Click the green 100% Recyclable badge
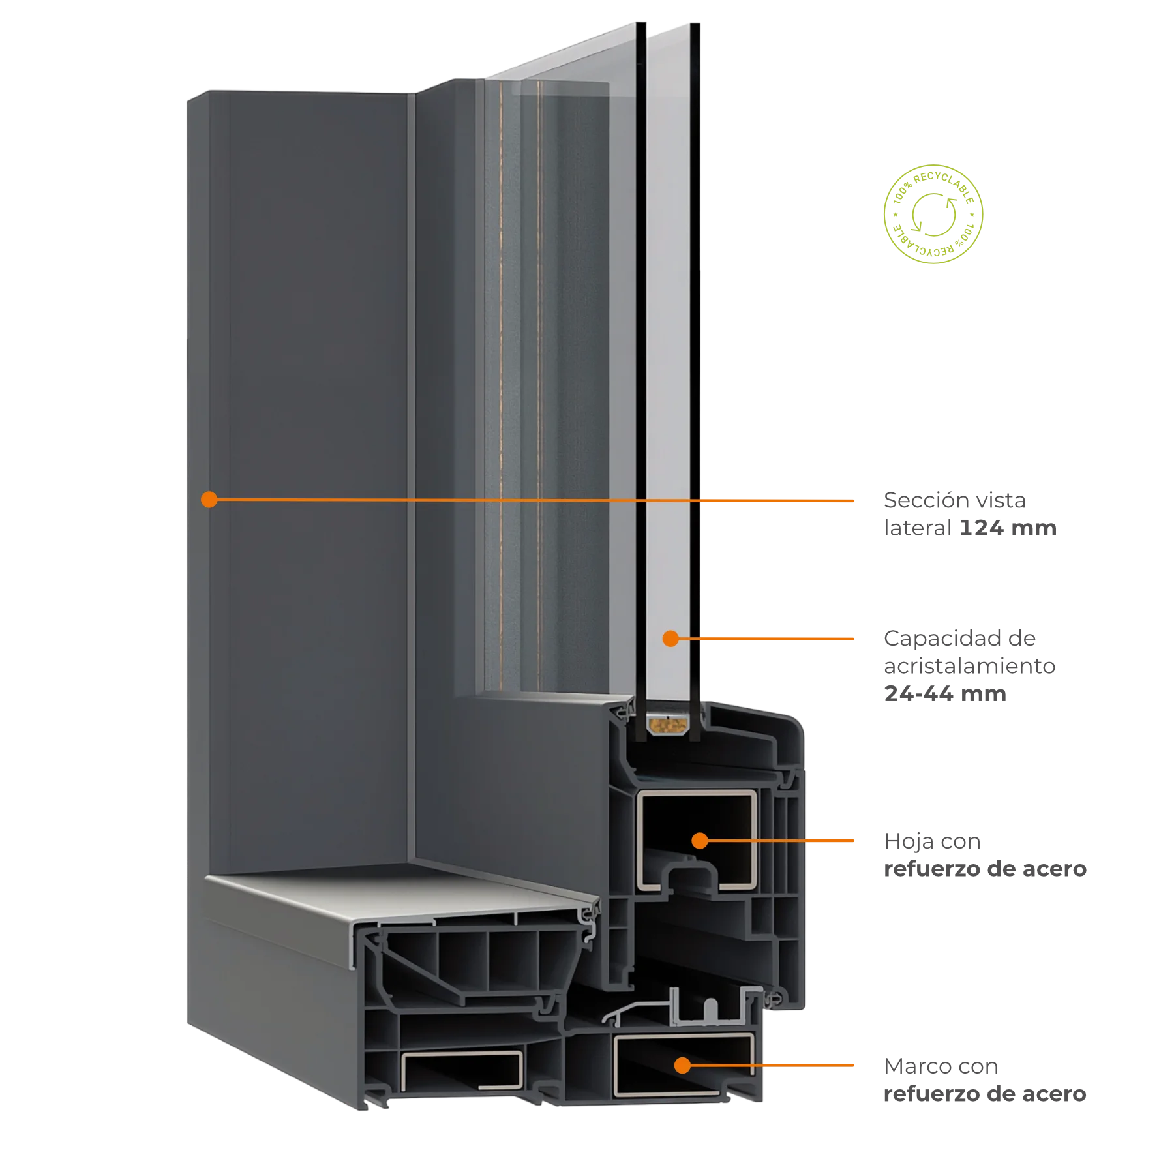pyautogui.click(x=933, y=215)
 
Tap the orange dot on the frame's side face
pyautogui.click(x=209, y=500)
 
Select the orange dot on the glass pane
pyautogui.click(x=670, y=639)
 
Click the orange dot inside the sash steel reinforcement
pyautogui.click(x=700, y=841)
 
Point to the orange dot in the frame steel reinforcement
pyautogui.click(x=683, y=1066)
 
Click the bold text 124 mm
pyautogui.click(x=1008, y=528)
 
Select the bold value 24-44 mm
pyautogui.click(x=945, y=693)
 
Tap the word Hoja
pyautogui.click(x=909, y=842)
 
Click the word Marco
pyautogui.click(x=912, y=1066)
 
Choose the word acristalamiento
pyautogui.click(x=970, y=666)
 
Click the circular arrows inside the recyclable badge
pyautogui.click(x=934, y=215)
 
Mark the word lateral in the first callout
pyautogui.click(x=918, y=528)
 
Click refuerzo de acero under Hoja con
pyautogui.click(x=985, y=869)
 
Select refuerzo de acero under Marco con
pyautogui.click(x=985, y=1094)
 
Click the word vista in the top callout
pyautogui.click(x=1001, y=500)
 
